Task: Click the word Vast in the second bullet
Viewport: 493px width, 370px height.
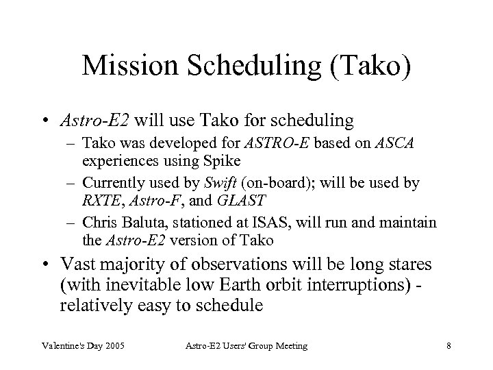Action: tap(77, 264)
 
